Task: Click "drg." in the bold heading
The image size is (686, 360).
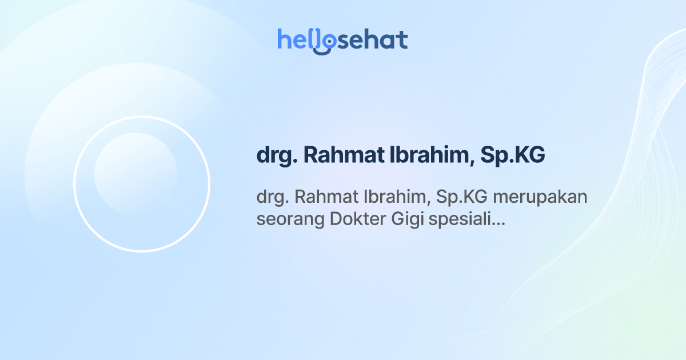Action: coord(275,155)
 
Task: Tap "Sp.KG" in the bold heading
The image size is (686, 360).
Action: coord(513,155)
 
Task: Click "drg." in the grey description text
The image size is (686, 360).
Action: coord(272,198)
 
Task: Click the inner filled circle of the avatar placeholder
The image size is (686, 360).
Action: coord(135,174)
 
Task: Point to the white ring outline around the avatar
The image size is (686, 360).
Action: coord(74,184)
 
